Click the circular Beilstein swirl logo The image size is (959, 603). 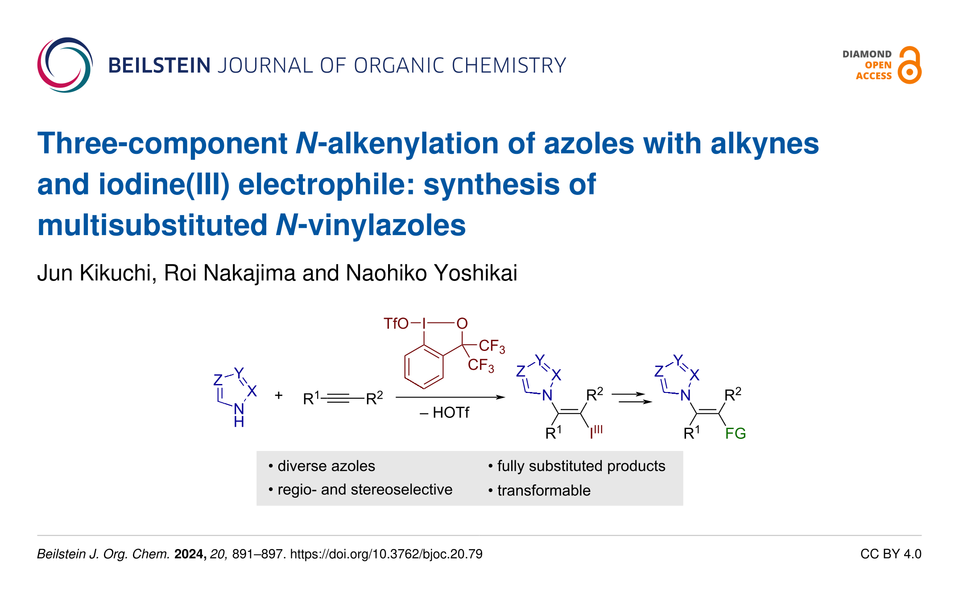pyautogui.click(x=65, y=65)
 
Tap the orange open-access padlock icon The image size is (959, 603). pyautogui.click(x=909, y=66)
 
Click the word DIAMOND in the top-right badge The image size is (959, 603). pyautogui.click(x=867, y=54)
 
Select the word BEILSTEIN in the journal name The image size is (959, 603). pyautogui.click(x=159, y=66)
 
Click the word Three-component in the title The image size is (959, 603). pyautogui.click(x=162, y=144)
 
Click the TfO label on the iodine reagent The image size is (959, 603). pyautogui.click(x=396, y=323)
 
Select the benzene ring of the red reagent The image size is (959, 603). pyautogui.click(x=424, y=367)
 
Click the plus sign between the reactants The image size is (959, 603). pyautogui.click(x=279, y=395)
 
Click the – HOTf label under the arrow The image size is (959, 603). pyautogui.click(x=444, y=413)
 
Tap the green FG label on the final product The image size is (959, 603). pyautogui.click(x=735, y=434)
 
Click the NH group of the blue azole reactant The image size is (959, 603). pyautogui.click(x=239, y=415)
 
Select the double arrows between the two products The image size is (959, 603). pyautogui.click(x=631, y=398)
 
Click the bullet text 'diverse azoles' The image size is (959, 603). pyautogui.click(x=326, y=466)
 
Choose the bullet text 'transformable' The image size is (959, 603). pyautogui.click(x=544, y=491)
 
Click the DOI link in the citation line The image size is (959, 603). pyautogui.click(x=386, y=554)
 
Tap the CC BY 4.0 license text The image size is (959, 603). pyautogui.click(x=890, y=554)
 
